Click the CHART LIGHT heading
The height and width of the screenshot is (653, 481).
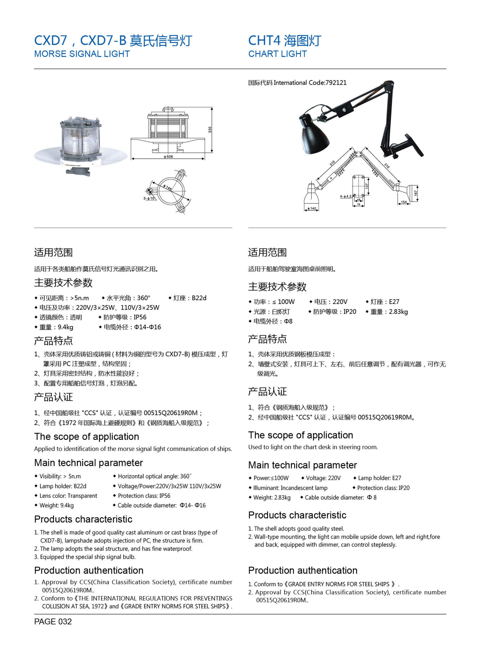click(x=277, y=54)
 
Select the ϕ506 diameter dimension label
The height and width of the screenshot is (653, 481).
click(x=168, y=157)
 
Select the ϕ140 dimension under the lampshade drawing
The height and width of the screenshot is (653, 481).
click(x=312, y=209)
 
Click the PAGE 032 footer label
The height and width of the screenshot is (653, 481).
click(x=53, y=622)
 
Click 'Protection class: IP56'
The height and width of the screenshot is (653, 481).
click(x=144, y=496)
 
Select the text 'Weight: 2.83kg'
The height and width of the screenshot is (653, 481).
click(x=272, y=497)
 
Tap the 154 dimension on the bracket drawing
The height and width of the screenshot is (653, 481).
click(x=404, y=202)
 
